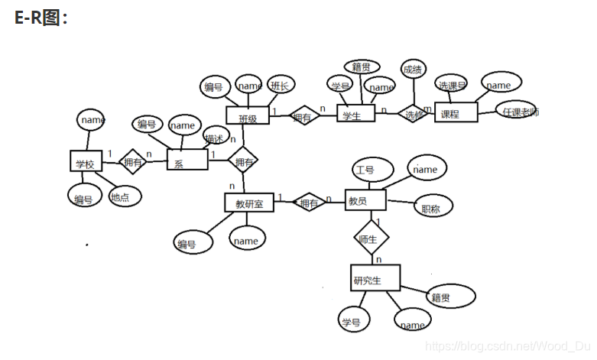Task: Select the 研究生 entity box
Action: coord(375,278)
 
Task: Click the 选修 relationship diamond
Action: coord(414,115)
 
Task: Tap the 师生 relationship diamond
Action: coord(372,238)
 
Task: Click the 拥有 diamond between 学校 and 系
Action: coord(132,161)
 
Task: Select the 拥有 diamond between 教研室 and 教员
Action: coord(310,203)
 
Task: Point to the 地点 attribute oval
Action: coord(120,197)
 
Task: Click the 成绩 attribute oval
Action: coord(413,70)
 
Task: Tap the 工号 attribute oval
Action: coord(371,170)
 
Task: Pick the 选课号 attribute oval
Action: coord(451,83)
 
